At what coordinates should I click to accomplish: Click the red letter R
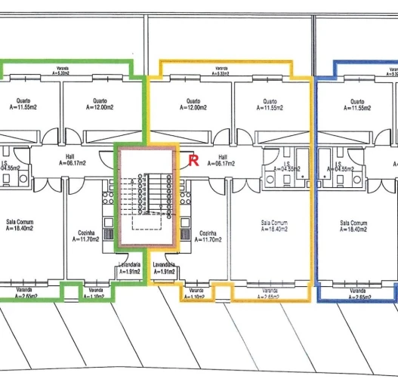193,160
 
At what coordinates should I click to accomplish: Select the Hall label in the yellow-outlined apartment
222,161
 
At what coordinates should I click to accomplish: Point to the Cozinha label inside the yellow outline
210,236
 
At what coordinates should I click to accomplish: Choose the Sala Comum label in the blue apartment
353,226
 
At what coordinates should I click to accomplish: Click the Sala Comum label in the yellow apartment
273,226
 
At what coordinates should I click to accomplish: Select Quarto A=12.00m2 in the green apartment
100,104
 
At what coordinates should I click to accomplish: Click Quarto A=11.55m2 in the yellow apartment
270,104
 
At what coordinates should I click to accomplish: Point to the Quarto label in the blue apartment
357,104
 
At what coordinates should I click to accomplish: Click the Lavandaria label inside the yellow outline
165,268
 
